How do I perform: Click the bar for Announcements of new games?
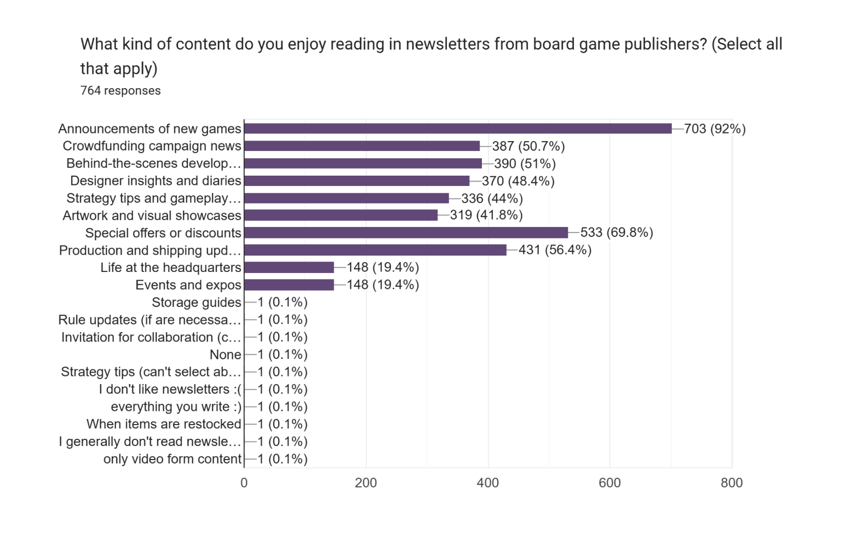point(458,129)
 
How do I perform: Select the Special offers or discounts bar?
point(406,233)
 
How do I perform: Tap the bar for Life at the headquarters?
point(289,268)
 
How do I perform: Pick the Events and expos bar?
point(289,285)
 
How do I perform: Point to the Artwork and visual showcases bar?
point(341,216)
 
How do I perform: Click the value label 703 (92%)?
point(715,129)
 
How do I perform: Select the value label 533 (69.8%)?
point(617,233)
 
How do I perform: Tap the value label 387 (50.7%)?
point(528,147)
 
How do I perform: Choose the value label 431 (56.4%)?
point(555,251)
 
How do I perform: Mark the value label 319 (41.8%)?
point(486,216)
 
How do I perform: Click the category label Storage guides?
point(196,303)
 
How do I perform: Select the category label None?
point(225,355)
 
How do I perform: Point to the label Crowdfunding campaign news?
point(152,146)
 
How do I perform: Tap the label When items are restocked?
point(164,424)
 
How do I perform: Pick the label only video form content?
point(172,459)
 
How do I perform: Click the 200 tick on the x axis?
point(366,483)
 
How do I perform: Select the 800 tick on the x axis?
point(732,483)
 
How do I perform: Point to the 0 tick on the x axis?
point(244,483)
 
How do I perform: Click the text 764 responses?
point(120,91)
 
